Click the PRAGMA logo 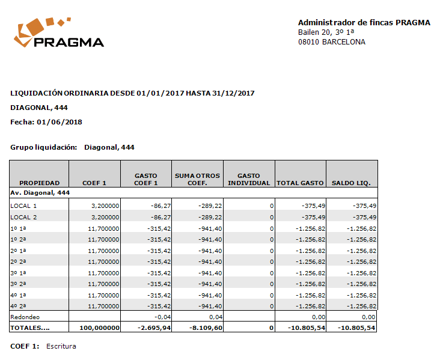(59, 34)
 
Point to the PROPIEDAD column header (40, 183)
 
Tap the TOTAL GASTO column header (300, 183)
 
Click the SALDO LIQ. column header (352, 183)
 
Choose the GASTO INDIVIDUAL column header (249, 179)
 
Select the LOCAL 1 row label (24, 206)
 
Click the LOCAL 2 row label (24, 217)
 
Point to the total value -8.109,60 (206, 328)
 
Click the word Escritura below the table (61, 346)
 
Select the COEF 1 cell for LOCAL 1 (105, 206)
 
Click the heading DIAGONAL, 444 (39, 108)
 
